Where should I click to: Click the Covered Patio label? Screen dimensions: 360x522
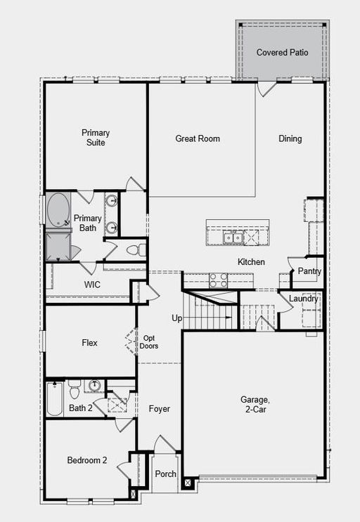tap(282, 52)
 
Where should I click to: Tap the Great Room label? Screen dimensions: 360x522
tap(198, 138)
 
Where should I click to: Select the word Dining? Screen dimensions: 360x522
tap(290, 139)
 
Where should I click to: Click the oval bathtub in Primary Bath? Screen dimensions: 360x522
tap(58, 210)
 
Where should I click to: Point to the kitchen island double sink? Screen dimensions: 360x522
tap(233, 237)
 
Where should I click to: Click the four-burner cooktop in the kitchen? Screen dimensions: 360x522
tap(218, 280)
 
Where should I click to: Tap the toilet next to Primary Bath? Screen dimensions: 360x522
tap(136, 249)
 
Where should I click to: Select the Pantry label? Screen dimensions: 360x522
tap(309, 271)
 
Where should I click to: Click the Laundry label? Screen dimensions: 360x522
tap(303, 299)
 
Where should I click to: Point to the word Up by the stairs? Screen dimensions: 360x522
tap(177, 318)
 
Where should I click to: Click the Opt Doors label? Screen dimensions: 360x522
tap(149, 342)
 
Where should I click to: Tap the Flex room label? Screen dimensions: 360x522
tap(89, 343)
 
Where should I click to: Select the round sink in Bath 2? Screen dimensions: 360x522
tap(95, 385)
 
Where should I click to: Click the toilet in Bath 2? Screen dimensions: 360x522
tap(75, 389)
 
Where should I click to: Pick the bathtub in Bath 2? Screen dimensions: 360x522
tap(54, 398)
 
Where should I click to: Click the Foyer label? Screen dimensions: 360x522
tap(160, 408)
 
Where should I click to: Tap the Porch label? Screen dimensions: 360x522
tap(165, 474)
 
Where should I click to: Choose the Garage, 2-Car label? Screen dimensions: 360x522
tap(255, 404)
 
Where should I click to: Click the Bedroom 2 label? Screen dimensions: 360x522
tap(87, 460)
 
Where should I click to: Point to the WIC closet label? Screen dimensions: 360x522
tap(92, 285)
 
